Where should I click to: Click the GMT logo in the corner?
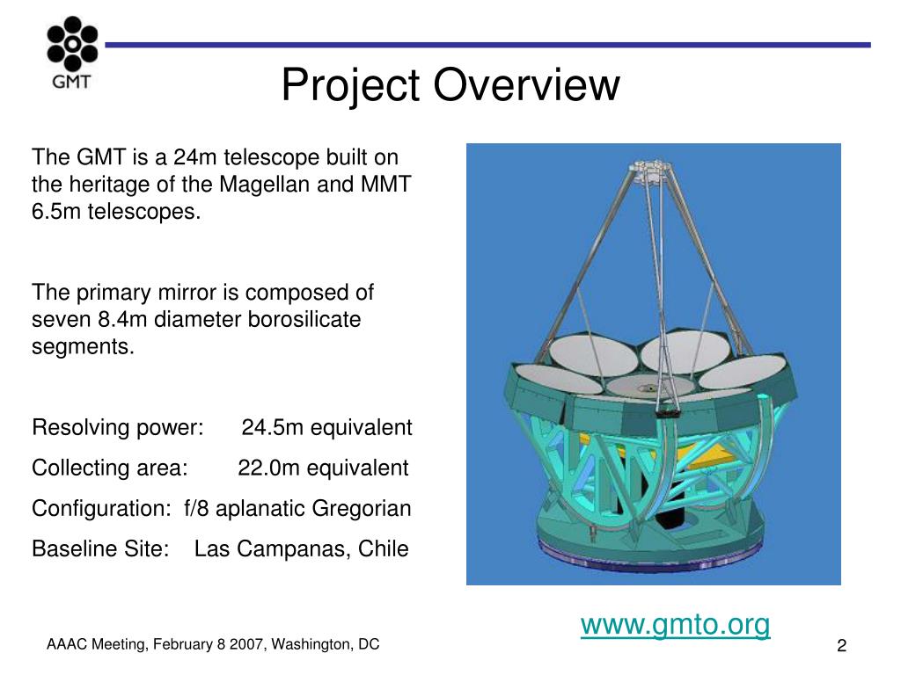(72, 52)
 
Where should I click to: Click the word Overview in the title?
(526, 84)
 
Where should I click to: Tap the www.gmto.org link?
(675, 625)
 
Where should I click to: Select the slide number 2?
(842, 646)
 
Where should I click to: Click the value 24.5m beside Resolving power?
(272, 428)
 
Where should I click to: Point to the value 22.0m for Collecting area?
(268, 468)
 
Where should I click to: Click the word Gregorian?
(362, 509)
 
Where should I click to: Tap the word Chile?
(384, 548)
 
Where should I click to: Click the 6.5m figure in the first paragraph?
(55, 212)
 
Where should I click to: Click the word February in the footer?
(182, 644)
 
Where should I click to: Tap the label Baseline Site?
(100, 548)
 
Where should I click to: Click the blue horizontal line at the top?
(487, 45)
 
